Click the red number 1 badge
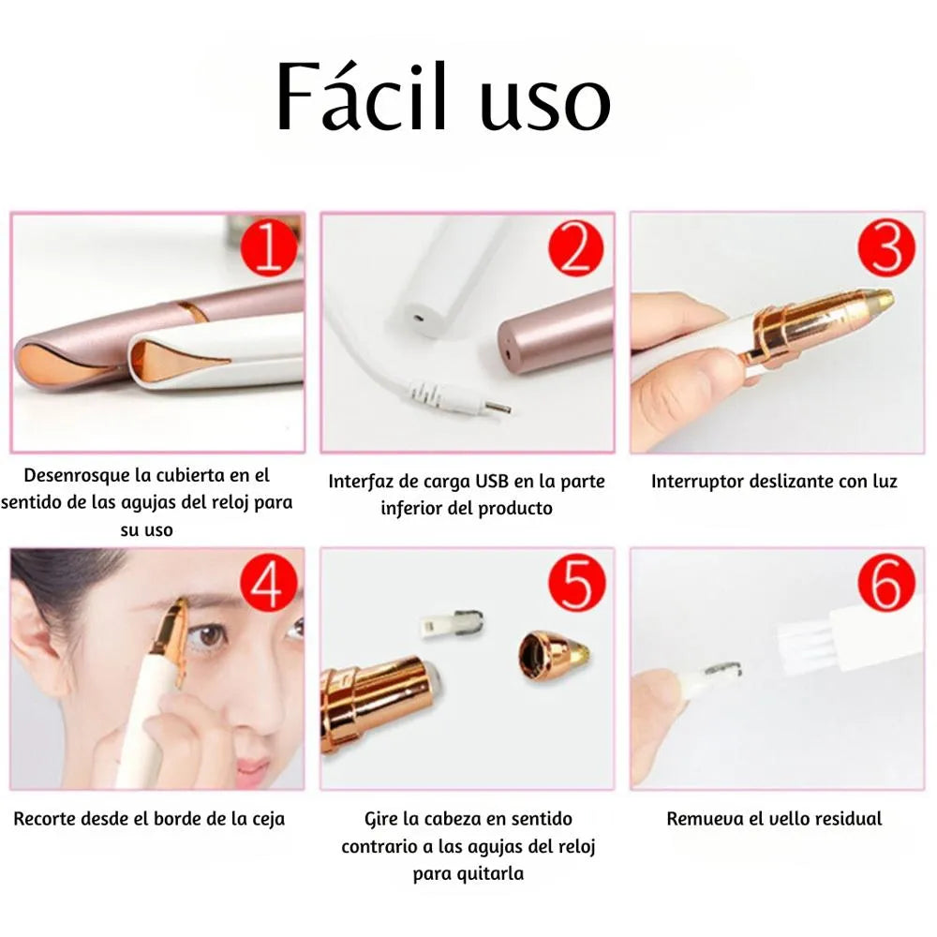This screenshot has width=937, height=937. point(268,248)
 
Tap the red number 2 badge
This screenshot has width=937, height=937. point(576,248)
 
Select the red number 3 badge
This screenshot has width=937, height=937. point(886,248)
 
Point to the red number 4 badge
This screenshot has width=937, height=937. point(268,583)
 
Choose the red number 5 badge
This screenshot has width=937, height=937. point(576,583)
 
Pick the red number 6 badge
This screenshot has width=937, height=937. point(886,583)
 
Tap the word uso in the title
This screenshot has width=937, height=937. point(545,104)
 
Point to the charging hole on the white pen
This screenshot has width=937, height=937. point(417,317)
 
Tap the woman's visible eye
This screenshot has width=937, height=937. point(209,637)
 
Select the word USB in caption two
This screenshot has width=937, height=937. point(492,481)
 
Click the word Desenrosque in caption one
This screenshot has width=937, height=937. point(77,476)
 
